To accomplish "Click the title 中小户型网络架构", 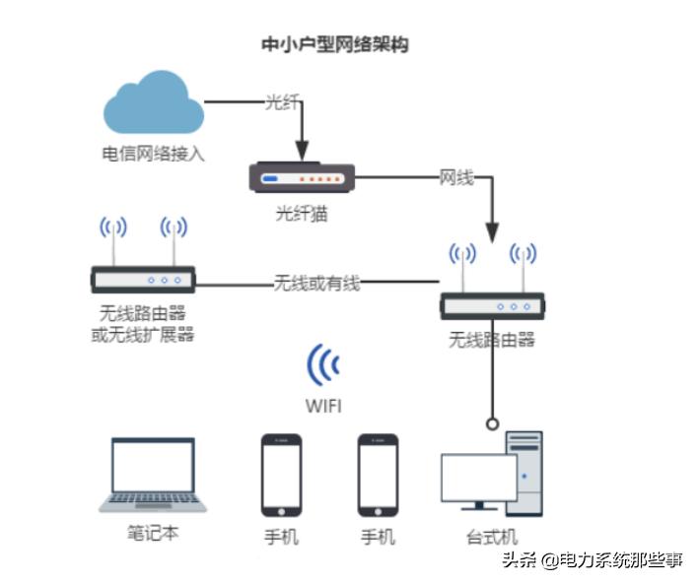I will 333,44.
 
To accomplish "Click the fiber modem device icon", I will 301,178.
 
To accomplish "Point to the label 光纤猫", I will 301,214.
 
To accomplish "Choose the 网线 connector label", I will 456,178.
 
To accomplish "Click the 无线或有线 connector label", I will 316,284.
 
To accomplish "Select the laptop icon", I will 153,477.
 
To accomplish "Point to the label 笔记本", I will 153,533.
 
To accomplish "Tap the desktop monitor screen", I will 478,478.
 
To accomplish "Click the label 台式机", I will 492,537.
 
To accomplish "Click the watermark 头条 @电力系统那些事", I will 592,560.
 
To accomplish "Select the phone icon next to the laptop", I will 281,475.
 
